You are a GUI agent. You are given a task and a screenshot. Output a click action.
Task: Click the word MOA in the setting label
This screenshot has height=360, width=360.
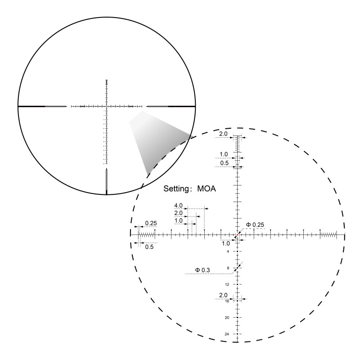[207, 189]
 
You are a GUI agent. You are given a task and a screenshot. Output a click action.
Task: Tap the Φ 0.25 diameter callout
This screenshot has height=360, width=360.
[255, 225]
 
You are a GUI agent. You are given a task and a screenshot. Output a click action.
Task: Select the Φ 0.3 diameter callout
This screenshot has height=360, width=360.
[202, 270]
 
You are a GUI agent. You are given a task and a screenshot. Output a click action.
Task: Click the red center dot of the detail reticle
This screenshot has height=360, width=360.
[238, 234]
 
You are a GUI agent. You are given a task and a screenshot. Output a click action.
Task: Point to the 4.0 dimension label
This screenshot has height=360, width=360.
[178, 206]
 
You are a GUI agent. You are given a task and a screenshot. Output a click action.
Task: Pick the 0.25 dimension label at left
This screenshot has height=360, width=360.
[151, 223]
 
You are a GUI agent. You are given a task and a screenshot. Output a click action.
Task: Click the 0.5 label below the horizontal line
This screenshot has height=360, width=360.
[149, 247]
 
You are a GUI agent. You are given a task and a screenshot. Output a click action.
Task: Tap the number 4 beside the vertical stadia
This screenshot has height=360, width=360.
[228, 252]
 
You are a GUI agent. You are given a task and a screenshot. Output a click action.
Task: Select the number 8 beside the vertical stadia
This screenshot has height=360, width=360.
[228, 268]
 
